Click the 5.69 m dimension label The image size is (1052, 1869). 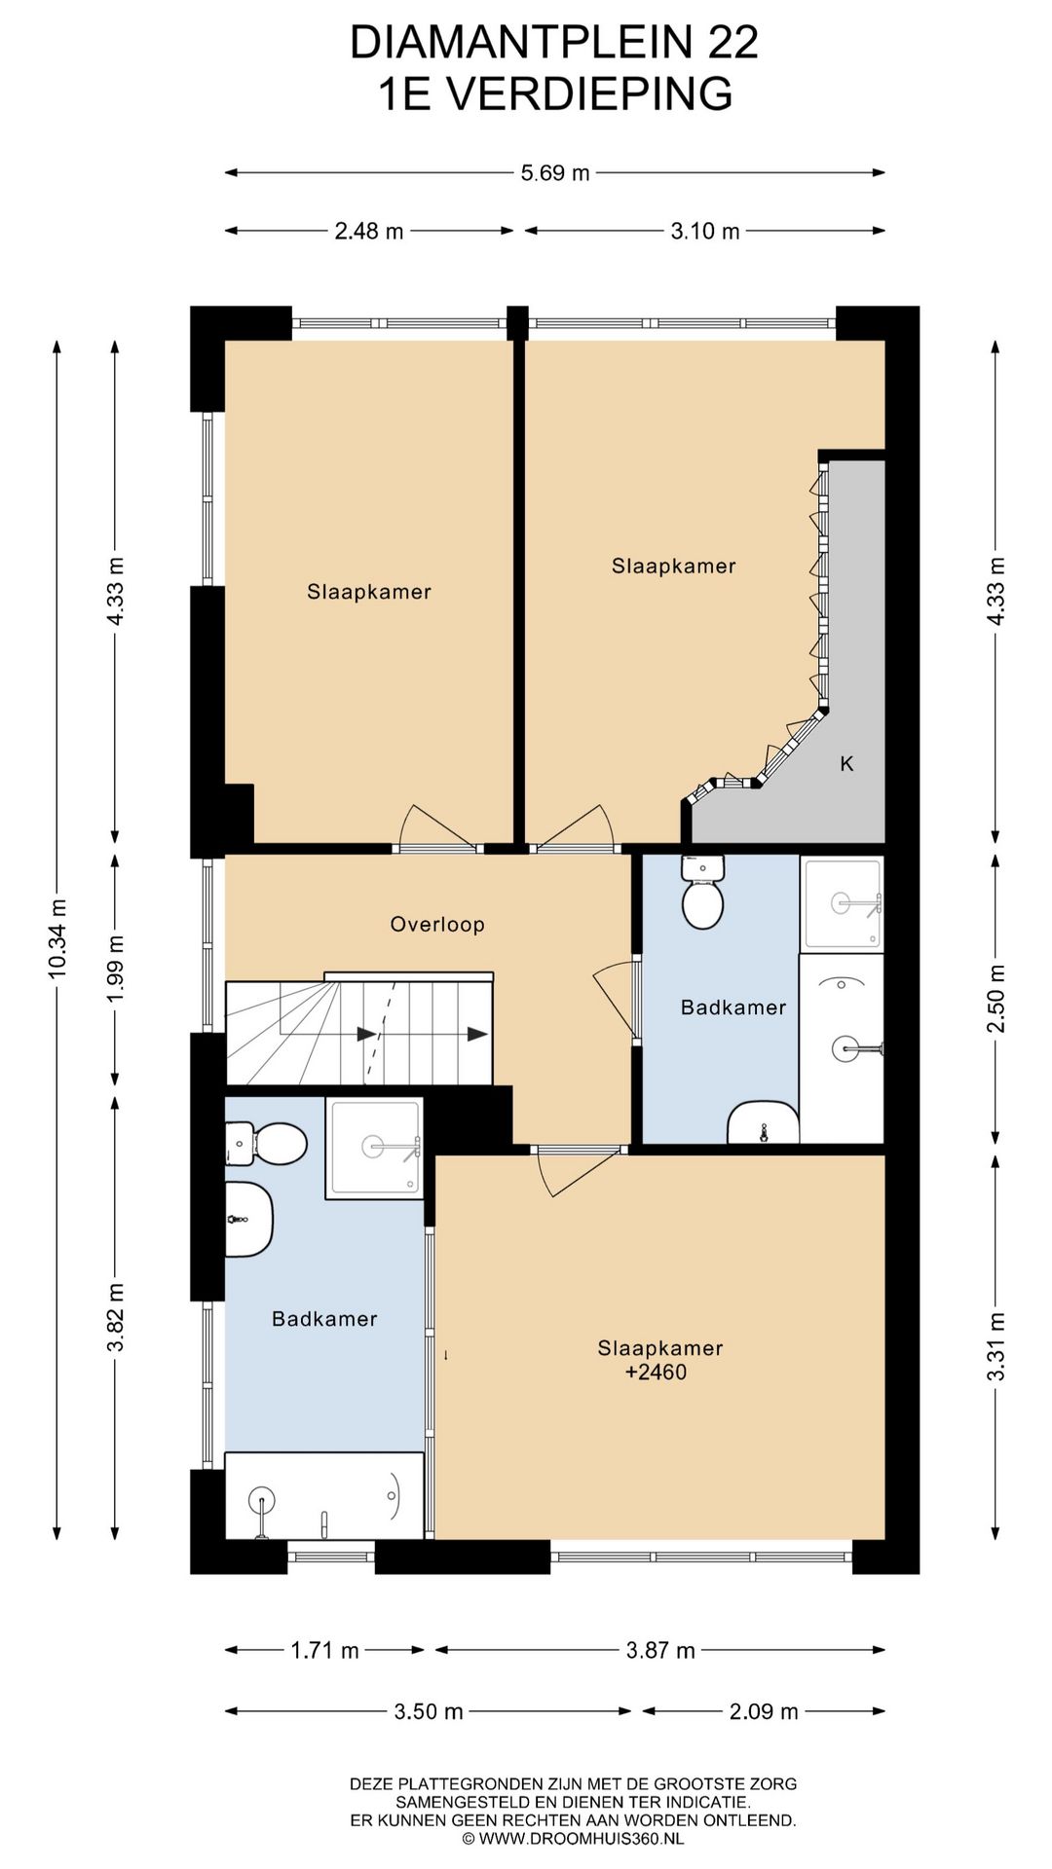(x=555, y=173)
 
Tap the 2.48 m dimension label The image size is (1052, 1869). (x=369, y=231)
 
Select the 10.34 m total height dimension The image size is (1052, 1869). (x=57, y=938)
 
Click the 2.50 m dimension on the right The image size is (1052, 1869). (x=996, y=999)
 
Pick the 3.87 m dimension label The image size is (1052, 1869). (x=660, y=1650)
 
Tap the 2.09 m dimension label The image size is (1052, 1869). (x=764, y=1711)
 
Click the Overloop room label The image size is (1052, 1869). (x=437, y=925)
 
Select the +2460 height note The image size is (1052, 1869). (x=656, y=1373)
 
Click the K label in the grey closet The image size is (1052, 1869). (x=846, y=764)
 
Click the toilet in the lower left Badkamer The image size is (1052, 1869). (x=266, y=1143)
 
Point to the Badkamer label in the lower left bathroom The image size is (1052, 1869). (x=324, y=1319)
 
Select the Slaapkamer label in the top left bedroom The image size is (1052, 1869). (x=369, y=592)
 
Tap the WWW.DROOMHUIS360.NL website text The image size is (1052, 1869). (x=582, y=1839)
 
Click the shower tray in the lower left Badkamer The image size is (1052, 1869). (x=374, y=1149)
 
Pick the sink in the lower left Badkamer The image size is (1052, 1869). (x=248, y=1219)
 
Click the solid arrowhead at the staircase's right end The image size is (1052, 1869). (x=477, y=1034)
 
